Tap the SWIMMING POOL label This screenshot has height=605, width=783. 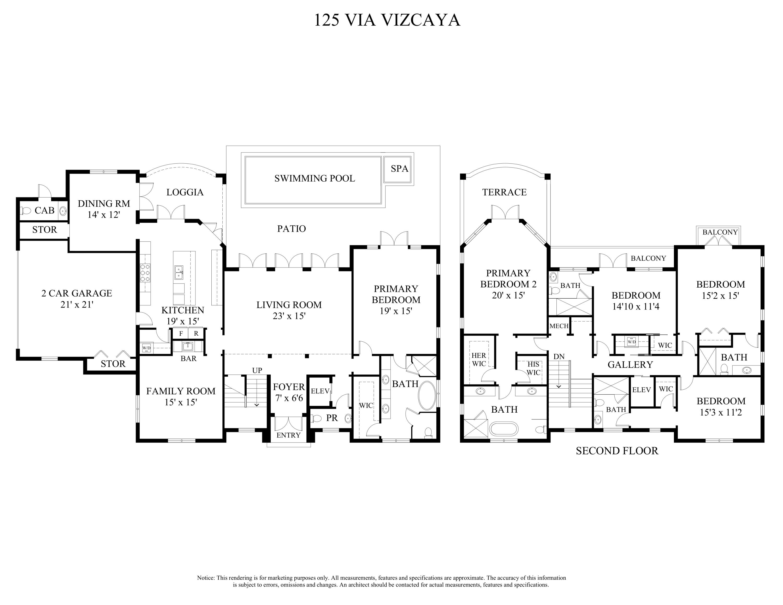click(x=315, y=179)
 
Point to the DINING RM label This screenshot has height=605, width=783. click(x=104, y=204)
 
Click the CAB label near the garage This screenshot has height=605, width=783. click(x=44, y=210)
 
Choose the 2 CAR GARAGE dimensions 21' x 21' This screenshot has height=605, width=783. click(x=77, y=305)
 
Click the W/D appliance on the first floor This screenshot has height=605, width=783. click(x=146, y=348)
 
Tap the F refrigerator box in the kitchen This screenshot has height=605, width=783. click(x=181, y=334)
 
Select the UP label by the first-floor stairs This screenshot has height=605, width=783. click(x=257, y=370)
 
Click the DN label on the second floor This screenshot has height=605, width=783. click(x=559, y=357)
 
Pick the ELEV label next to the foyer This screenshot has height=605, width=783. click(x=320, y=391)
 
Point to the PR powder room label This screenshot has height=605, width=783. click(x=332, y=418)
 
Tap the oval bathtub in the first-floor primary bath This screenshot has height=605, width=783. click(x=427, y=396)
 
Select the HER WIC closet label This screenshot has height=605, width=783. click(x=479, y=359)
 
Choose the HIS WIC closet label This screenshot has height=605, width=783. click(x=533, y=368)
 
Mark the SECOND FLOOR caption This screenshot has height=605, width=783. click(x=617, y=451)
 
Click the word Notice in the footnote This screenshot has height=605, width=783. click(x=206, y=578)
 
